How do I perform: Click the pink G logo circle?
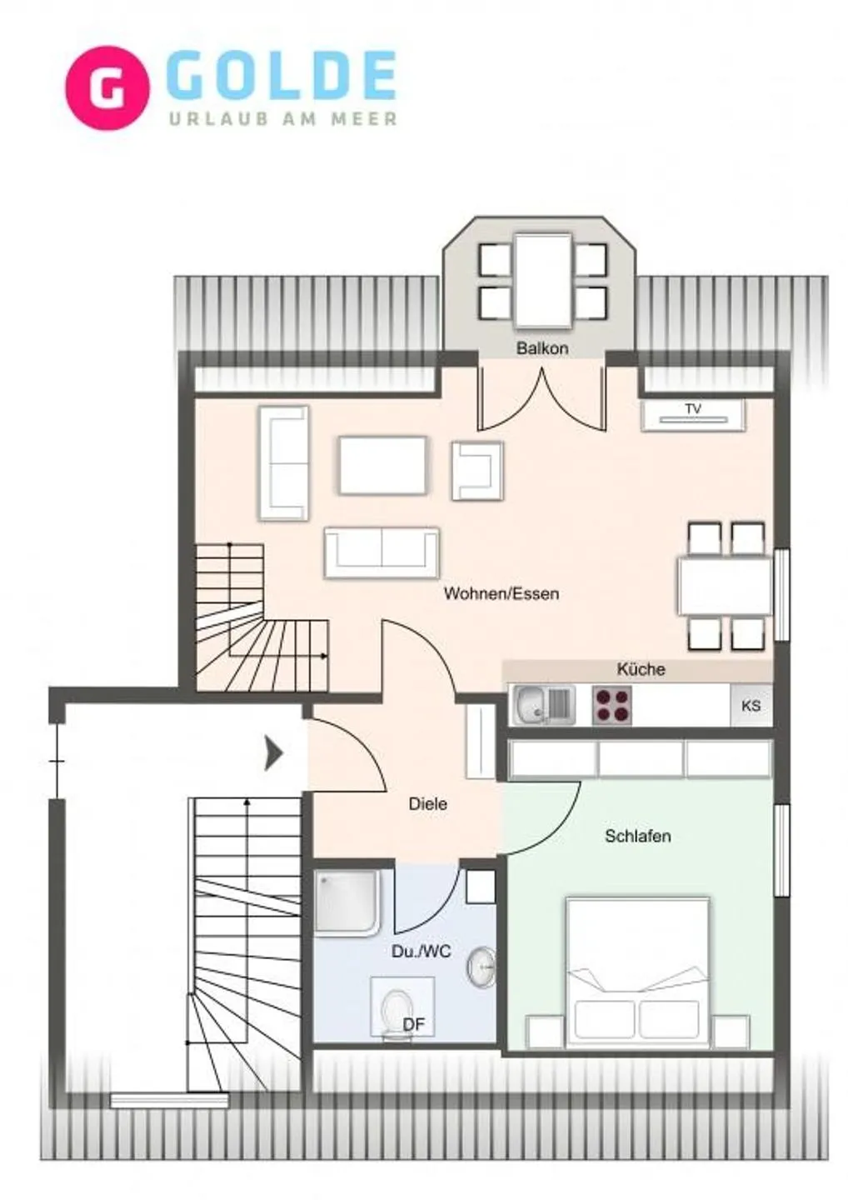107,88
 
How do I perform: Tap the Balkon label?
542,348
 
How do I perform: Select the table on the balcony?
543,281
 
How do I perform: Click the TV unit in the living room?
692,414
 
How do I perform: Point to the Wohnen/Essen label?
501,594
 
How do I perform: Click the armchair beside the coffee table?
476,471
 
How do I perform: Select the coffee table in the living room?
382,465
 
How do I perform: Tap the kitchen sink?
542,705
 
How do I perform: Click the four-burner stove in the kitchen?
611,705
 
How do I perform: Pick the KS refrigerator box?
751,705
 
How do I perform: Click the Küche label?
641,669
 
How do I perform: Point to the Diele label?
427,804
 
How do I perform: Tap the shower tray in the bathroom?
347,902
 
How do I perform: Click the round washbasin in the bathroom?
481,967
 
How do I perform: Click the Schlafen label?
637,836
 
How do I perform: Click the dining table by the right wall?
725,586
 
